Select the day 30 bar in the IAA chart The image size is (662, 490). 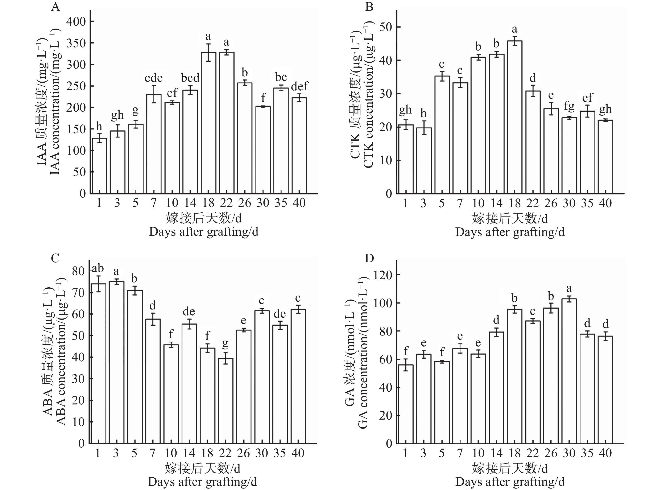(263, 150)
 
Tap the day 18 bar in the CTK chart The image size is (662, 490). (515, 117)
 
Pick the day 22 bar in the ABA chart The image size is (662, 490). (225, 401)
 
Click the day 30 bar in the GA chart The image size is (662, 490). (569, 371)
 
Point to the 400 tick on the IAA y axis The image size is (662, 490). (76, 21)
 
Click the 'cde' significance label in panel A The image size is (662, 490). (154, 78)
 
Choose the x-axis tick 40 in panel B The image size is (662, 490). (605, 203)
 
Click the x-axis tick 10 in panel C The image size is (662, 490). (171, 453)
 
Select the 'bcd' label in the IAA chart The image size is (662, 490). (190, 78)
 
